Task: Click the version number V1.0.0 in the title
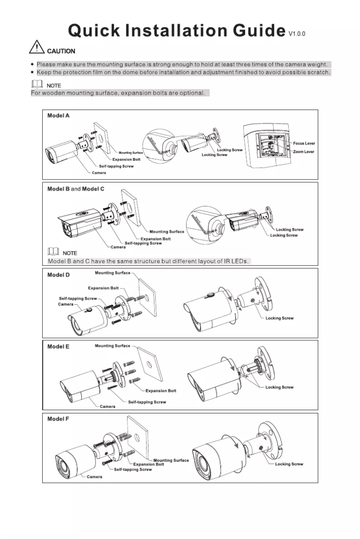297,34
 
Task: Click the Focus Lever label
304,144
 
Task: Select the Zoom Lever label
303,152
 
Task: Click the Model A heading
58,115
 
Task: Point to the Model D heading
58,275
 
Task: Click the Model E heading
58,346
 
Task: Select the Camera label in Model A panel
99,173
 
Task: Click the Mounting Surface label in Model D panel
113,273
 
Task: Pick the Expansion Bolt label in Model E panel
161,391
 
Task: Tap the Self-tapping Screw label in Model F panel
133,469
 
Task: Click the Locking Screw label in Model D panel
279,318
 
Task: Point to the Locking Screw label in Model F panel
289,464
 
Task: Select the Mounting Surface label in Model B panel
167,232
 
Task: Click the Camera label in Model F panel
94,477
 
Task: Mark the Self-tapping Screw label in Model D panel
78,298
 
